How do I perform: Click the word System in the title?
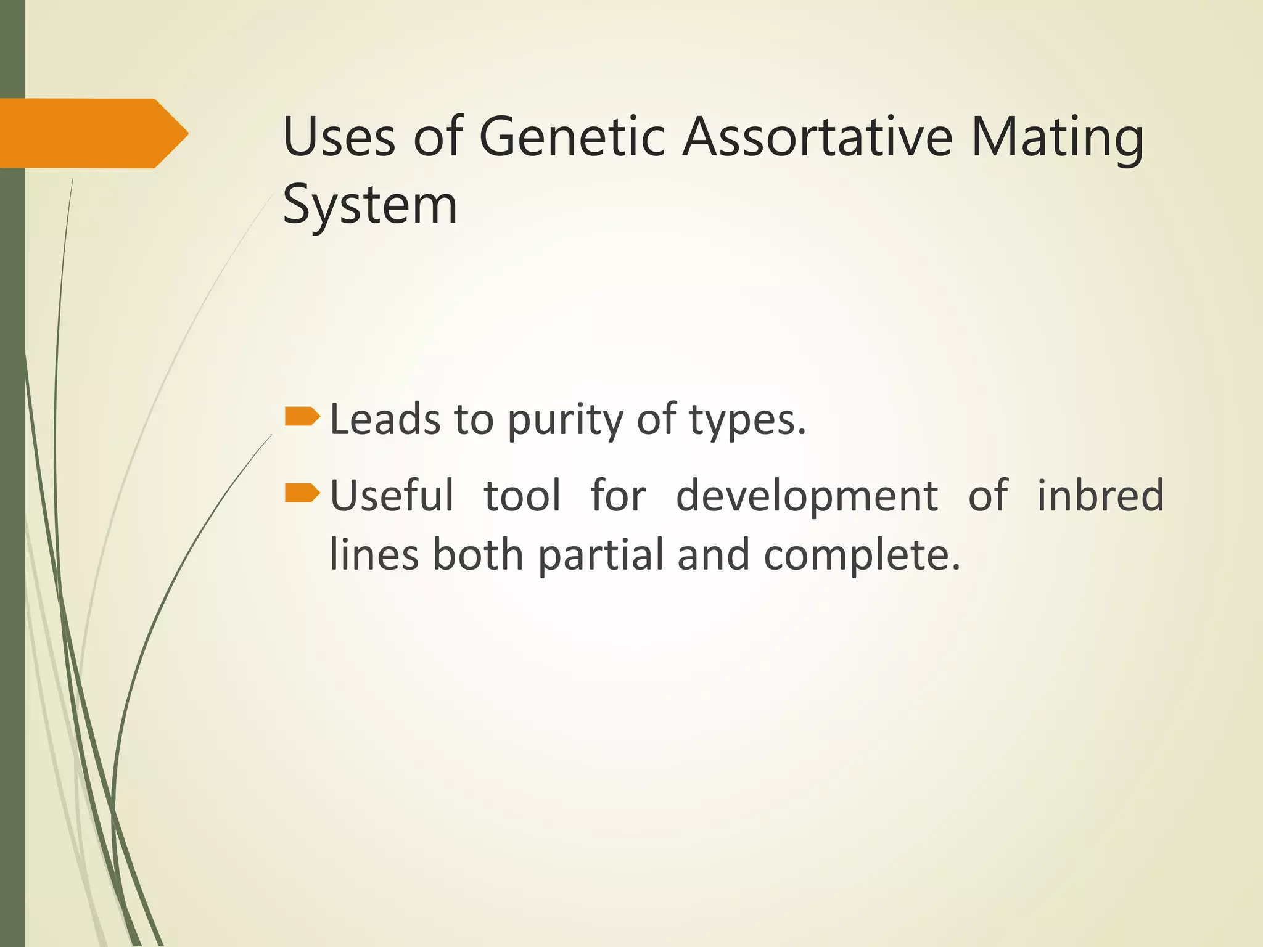(370, 206)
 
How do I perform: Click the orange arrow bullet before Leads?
(302, 417)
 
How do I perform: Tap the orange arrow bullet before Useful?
(302, 493)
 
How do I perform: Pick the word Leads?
(385, 420)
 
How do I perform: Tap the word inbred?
(1100, 495)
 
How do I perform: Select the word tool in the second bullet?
(522, 495)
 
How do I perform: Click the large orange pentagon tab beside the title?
(93, 133)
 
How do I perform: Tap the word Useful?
(392, 495)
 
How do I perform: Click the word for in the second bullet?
(618, 495)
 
